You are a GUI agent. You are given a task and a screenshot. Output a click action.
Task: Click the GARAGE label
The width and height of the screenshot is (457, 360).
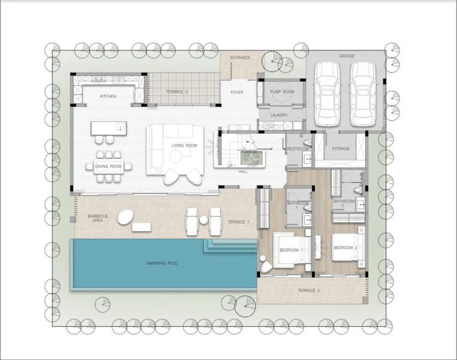coord(347,56)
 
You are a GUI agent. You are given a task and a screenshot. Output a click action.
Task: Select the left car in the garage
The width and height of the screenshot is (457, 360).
coord(327,94)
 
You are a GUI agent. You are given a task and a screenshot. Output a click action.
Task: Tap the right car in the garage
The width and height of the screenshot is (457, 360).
coord(363,94)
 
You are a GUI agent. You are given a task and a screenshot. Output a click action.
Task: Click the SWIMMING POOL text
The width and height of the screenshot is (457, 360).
coord(162,263)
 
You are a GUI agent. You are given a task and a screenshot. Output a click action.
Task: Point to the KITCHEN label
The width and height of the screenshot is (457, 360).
coord(108,96)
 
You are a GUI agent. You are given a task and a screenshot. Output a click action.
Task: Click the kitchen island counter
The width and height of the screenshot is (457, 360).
coord(109,128)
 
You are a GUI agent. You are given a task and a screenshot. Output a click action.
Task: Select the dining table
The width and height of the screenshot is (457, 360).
coord(109,166)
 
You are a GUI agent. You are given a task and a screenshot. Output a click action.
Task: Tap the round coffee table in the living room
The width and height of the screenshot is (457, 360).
coord(176,157)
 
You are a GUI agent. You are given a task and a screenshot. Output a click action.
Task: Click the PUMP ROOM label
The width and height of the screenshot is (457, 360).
coord(282,92)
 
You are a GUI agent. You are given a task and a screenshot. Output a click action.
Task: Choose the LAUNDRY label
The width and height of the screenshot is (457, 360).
coord(279,115)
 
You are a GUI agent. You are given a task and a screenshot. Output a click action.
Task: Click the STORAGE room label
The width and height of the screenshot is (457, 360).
coord(341,148)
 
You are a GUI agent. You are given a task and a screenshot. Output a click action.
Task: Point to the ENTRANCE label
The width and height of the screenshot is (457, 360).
coord(240,58)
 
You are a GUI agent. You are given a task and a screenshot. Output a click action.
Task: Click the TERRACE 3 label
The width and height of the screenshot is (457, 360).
coord(177,92)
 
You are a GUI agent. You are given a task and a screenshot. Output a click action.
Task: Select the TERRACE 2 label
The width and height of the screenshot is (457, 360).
coord(309,290)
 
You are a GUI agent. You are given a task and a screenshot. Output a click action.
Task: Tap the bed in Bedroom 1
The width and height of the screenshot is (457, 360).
coord(292,250)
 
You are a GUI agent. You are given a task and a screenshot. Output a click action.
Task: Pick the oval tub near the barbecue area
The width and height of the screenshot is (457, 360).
coord(125,216)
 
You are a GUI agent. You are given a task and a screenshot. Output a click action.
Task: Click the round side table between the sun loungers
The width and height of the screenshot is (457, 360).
coord(203,220)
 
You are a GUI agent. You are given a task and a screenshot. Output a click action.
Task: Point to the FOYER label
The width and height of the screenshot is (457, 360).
coord(237,92)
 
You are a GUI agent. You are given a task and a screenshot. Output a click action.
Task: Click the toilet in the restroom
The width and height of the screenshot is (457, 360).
coord(306,143)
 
